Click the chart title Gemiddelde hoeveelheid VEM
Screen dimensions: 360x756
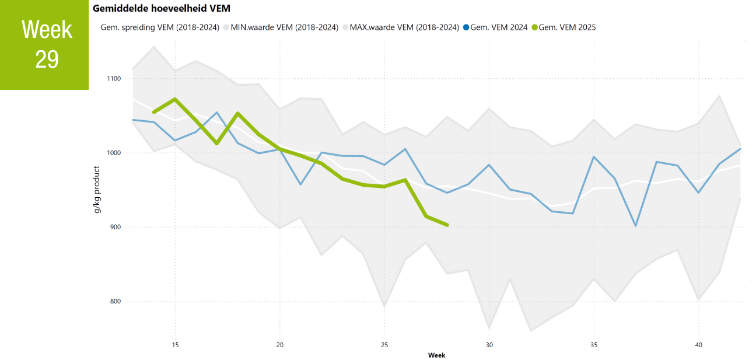point(162,8)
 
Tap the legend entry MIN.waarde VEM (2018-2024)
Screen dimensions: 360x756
point(285,27)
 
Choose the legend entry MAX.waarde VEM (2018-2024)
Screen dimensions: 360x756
point(404,27)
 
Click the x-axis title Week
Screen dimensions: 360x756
point(436,355)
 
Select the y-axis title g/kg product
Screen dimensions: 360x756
point(97,189)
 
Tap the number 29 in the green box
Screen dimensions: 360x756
point(47,59)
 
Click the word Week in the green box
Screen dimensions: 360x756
point(47,29)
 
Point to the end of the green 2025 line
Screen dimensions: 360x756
point(447,225)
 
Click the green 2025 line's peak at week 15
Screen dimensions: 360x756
point(175,99)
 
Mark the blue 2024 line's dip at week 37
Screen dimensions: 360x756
point(636,226)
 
